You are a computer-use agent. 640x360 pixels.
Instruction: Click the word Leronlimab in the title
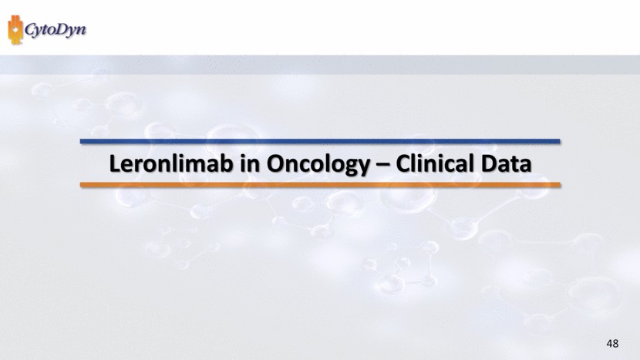click(x=171, y=163)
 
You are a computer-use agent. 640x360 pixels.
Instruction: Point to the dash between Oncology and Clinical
click(x=383, y=165)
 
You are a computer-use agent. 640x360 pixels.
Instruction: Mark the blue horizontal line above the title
click(x=320, y=141)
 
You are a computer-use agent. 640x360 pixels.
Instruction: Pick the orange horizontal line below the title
click(x=320, y=185)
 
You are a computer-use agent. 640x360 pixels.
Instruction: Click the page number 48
click(x=612, y=343)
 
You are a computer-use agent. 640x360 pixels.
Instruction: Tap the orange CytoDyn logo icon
click(x=15, y=30)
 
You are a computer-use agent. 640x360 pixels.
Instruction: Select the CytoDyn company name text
click(x=56, y=30)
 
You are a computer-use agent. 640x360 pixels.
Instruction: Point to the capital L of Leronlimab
click(x=115, y=163)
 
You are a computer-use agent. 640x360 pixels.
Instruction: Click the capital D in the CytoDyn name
click(x=59, y=29)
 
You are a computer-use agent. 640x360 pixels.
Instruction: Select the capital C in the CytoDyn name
click(x=30, y=29)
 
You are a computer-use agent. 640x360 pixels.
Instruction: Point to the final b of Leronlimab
click(x=227, y=163)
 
